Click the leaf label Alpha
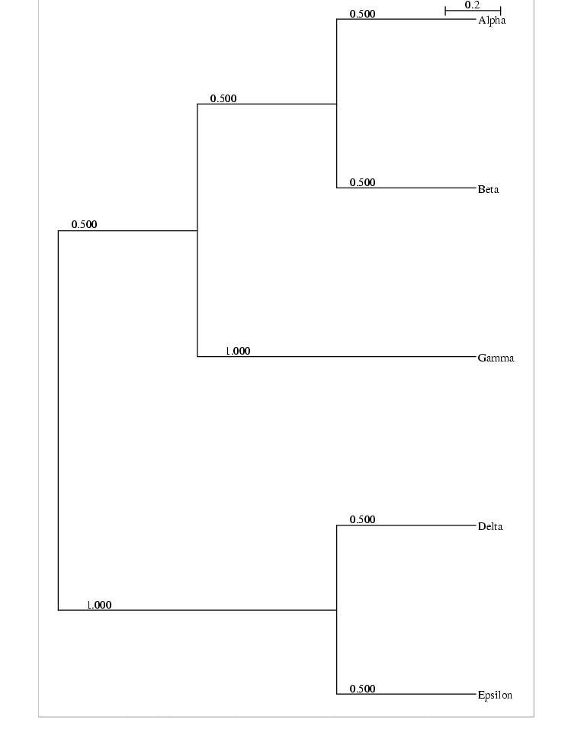[492, 21]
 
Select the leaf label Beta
[488, 189]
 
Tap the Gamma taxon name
[496, 358]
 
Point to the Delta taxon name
[490, 526]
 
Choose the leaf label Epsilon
[495, 696]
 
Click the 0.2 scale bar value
[472, 5]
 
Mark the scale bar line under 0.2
[473, 11]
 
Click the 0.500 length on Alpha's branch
[363, 14]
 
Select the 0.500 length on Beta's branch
[363, 182]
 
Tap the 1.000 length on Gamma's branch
[238, 351]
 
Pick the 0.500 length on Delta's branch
[363, 519]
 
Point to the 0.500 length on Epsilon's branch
[363, 689]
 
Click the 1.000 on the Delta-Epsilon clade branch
[99, 605]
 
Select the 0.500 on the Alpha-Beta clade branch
[223, 98]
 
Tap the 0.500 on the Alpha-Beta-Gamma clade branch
[85, 224]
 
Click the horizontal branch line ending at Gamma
[337, 357]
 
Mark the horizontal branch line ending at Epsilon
[407, 694]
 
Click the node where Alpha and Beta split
[336, 104]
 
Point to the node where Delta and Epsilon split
[336, 610]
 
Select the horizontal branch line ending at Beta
[407, 188]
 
